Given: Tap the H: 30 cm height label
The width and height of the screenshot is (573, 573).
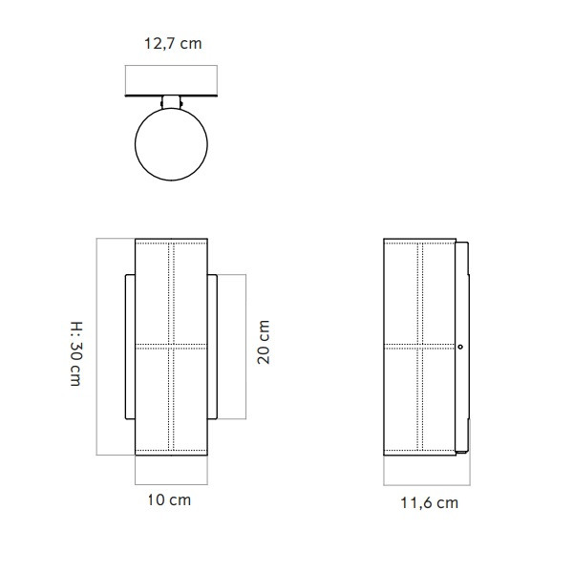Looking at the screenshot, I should pos(74,352).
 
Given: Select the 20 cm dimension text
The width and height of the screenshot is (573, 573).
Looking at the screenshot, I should pos(265,342).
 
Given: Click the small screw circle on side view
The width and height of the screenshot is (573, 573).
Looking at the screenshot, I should pos(460,348).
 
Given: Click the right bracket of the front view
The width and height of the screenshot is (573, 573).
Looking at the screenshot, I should pos(214,348).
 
